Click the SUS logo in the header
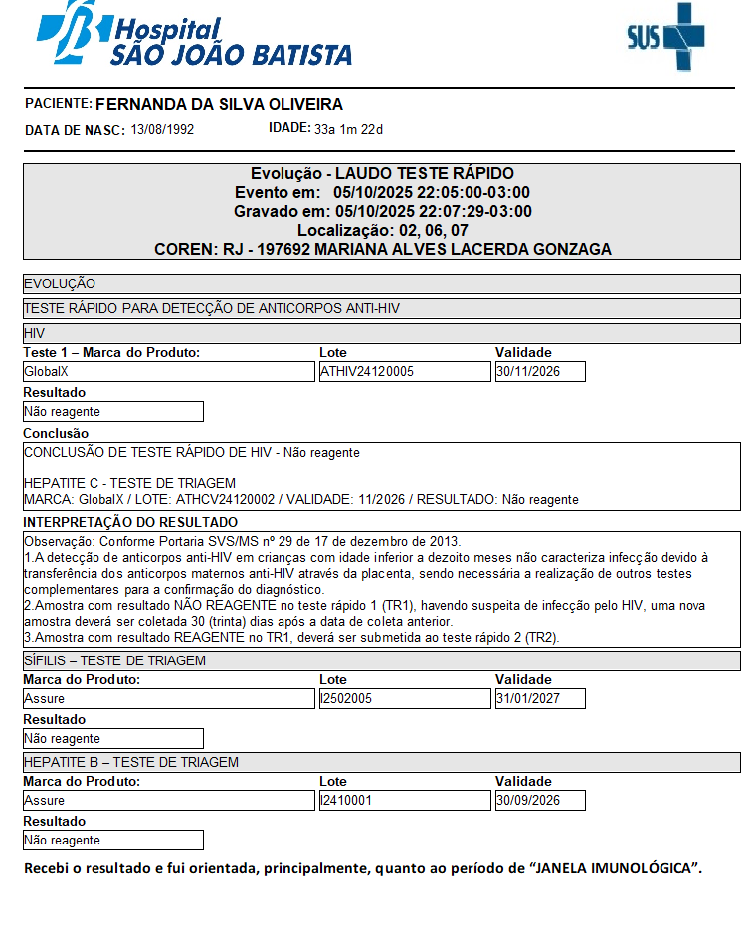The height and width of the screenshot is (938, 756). click(x=665, y=37)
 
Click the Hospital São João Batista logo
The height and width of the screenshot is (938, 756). click(x=194, y=37)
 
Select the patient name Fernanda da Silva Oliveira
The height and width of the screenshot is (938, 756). click(x=219, y=104)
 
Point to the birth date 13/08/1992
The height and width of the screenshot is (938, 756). click(x=162, y=129)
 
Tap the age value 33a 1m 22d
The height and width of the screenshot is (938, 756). click(x=348, y=129)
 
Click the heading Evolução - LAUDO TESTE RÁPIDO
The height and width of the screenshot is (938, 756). click(x=382, y=174)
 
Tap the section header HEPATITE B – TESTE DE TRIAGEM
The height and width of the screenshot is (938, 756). click(x=131, y=762)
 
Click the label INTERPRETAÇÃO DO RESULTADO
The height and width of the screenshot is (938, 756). click(x=130, y=522)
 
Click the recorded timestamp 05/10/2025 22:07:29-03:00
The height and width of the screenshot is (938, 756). click(x=434, y=211)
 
